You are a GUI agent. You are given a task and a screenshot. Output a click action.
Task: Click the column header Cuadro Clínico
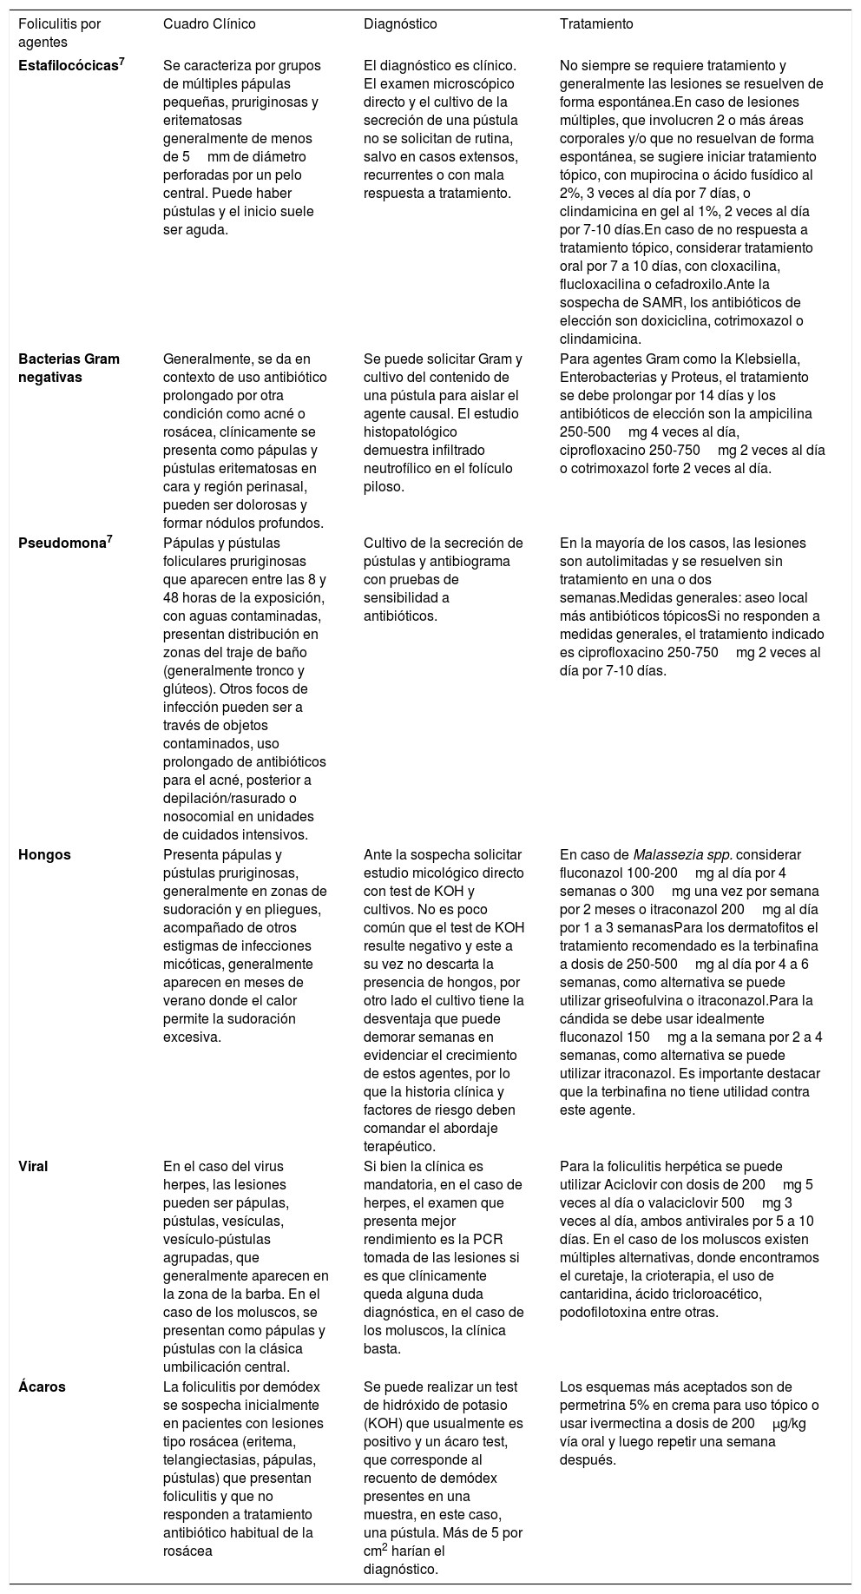click(x=209, y=23)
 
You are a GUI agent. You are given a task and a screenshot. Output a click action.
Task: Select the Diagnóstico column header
click(x=400, y=23)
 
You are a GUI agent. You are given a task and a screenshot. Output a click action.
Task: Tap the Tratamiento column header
click(x=596, y=23)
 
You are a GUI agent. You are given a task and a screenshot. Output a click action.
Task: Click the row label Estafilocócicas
click(x=68, y=65)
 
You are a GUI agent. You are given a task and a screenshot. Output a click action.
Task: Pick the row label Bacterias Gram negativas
click(x=69, y=367)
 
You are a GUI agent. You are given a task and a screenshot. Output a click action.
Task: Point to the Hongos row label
click(x=44, y=853)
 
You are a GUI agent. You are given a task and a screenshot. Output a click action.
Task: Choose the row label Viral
click(x=33, y=1166)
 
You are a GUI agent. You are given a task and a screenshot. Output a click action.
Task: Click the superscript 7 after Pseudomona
click(x=109, y=539)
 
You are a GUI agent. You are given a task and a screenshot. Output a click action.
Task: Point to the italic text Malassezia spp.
click(x=682, y=853)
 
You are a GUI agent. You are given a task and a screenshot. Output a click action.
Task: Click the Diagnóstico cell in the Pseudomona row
click(x=443, y=579)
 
